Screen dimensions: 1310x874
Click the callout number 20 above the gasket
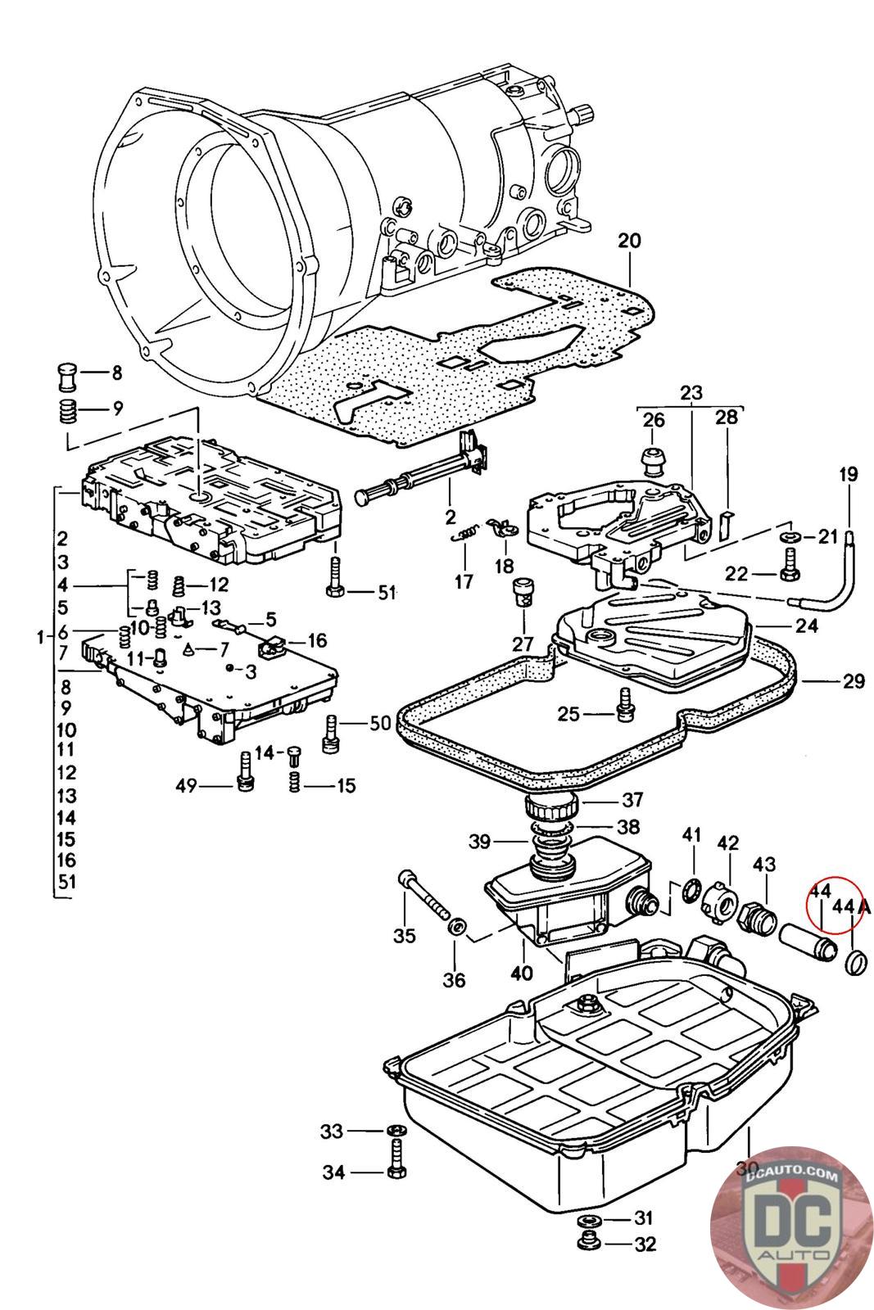click(629, 242)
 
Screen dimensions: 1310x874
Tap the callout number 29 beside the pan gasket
click(854, 681)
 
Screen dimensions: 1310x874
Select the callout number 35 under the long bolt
click(405, 936)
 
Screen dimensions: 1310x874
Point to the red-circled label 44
click(820, 891)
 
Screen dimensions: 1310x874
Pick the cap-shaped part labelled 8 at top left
click(67, 376)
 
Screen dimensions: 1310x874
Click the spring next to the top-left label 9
click(67, 410)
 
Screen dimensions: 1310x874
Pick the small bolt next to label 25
click(627, 705)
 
